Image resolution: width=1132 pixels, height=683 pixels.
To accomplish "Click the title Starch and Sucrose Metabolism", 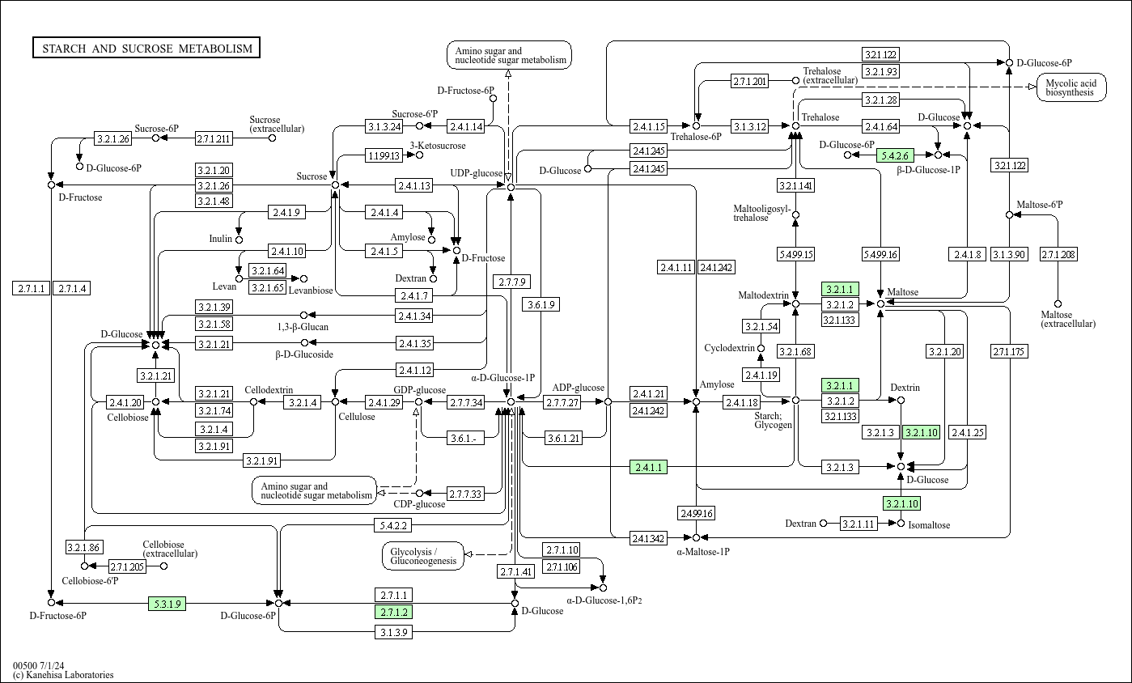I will click(x=146, y=49).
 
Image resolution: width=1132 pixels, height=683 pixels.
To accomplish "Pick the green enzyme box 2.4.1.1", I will click(x=648, y=467).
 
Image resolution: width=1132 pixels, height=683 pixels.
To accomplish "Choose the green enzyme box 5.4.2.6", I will click(x=895, y=155).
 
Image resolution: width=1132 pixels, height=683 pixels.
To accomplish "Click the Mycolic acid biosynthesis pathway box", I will click(x=1071, y=87).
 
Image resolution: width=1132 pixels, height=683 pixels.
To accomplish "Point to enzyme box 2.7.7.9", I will click(x=511, y=282).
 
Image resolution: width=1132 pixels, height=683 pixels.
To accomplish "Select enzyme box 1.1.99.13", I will click(x=384, y=155).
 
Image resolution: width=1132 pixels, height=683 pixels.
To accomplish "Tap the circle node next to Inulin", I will click(x=239, y=240).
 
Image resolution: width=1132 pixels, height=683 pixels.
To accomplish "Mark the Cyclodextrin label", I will click(x=729, y=349).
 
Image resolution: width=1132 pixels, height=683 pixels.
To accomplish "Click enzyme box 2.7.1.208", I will click(x=1058, y=255).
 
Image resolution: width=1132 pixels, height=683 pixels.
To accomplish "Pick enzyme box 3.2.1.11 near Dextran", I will click(x=859, y=524).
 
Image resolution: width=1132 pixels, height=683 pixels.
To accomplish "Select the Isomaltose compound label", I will click(x=929, y=525).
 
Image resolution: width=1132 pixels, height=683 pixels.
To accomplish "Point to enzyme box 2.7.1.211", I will click(x=214, y=138).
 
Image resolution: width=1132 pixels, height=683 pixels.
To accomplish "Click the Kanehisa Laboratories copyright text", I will click(x=63, y=675).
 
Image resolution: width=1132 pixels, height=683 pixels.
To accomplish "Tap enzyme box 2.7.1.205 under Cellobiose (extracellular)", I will click(x=126, y=566).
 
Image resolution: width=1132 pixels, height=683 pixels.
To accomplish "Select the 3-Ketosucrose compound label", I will click(x=438, y=146).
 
